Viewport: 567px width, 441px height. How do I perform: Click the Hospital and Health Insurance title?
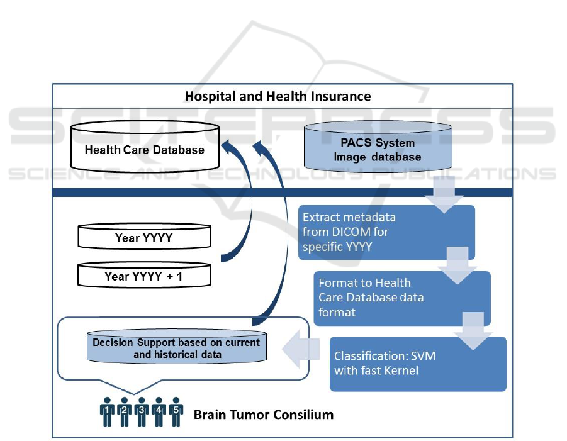(x=278, y=96)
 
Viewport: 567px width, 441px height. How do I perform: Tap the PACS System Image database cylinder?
(x=378, y=150)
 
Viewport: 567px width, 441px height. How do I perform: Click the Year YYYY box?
(x=144, y=238)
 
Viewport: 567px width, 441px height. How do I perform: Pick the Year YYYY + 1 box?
(x=144, y=276)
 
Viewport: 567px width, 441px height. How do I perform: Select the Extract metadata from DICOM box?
(x=386, y=232)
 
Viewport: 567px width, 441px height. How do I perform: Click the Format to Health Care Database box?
(x=403, y=298)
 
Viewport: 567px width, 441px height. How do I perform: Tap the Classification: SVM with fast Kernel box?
(x=417, y=364)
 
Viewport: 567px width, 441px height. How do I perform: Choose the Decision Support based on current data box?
(x=176, y=349)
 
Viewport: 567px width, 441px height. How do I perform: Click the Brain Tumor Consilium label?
(x=263, y=415)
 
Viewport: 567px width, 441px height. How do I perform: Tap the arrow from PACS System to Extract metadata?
(x=444, y=192)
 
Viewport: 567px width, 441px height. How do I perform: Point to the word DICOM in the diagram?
(x=347, y=232)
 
